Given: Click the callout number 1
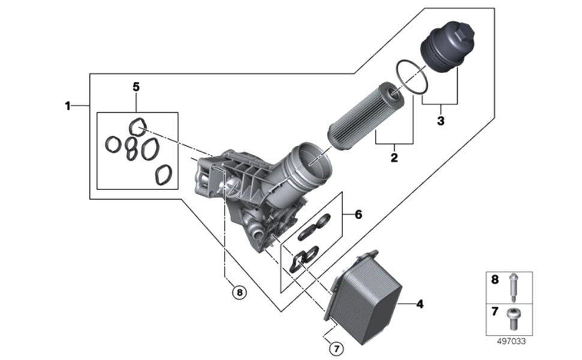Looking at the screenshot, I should tap(68, 106).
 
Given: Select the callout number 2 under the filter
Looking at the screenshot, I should tap(394, 158).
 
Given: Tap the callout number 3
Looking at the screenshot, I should tap(440, 121).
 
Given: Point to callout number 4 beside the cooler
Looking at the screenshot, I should tap(419, 304).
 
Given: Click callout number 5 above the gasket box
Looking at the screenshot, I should tap(136, 87).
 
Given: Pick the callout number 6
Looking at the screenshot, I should tap(358, 214).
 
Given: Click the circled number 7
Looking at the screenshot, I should tap(336, 347).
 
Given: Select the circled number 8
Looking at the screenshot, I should tap(239, 292).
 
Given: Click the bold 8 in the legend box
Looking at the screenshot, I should tap(495, 280).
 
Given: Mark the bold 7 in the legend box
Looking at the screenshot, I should tap(495, 313).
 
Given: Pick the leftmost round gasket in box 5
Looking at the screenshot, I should tap(112, 144).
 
